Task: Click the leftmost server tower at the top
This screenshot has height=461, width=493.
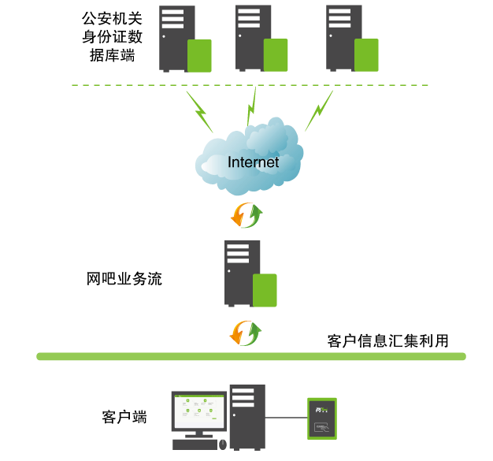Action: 177,37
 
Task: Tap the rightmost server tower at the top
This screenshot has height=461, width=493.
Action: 345,37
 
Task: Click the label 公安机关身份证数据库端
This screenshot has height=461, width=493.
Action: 112,35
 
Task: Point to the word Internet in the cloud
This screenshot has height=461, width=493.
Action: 253,162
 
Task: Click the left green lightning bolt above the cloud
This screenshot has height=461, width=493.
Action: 199,111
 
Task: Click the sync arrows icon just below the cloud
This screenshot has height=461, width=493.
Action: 246,214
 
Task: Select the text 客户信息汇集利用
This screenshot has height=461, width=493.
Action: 387,341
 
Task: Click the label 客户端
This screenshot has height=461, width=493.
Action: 124,417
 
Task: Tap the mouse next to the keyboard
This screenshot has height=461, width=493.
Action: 223,445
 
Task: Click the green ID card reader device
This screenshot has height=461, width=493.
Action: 321,418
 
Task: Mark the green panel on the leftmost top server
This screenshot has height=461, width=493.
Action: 198,55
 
